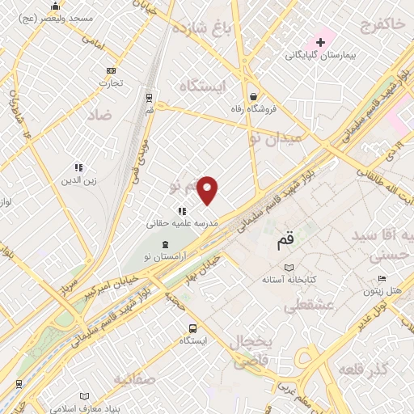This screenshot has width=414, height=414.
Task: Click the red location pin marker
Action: [x=208, y=190]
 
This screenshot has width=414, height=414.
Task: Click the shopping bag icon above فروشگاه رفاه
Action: [x=253, y=95]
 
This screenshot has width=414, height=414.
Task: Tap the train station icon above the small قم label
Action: [x=150, y=97]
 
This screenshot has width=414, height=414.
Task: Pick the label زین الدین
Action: [x=79, y=180]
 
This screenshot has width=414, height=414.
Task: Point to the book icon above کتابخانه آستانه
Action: [x=289, y=268]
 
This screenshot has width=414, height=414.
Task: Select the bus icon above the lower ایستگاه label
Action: [x=192, y=328]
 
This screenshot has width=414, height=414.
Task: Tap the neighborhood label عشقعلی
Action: [x=302, y=306]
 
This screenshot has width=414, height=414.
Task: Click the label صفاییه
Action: [x=133, y=378]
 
